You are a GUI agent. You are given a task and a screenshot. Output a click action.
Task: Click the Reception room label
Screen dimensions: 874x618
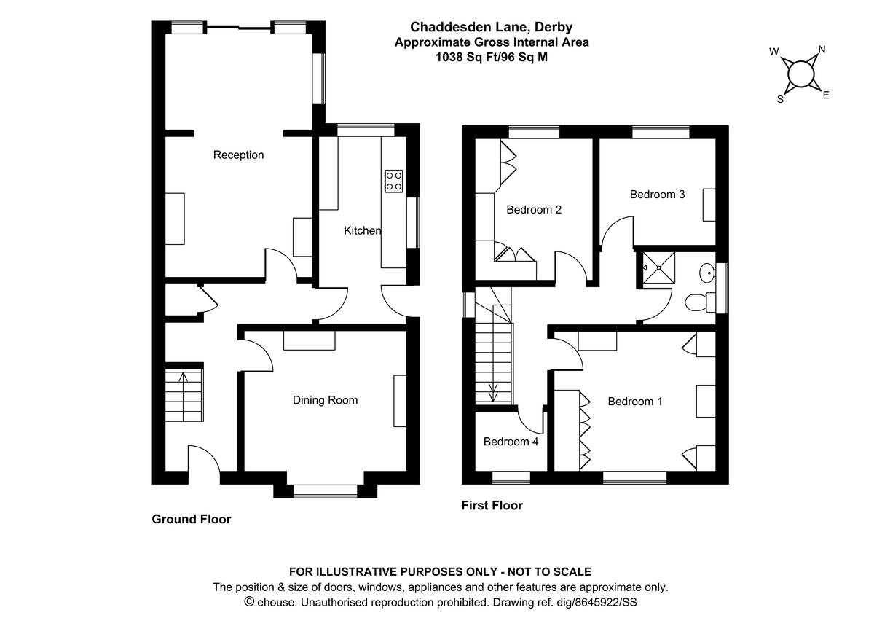[x=238, y=154]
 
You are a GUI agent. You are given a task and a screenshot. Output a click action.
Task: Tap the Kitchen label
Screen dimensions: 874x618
[x=362, y=230]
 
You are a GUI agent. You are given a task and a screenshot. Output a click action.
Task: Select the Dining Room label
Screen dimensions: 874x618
[x=325, y=400]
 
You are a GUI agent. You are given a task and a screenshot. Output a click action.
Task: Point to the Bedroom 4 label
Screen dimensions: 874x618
[x=511, y=442]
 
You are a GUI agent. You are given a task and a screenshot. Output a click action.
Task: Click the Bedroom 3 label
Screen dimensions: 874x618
[x=657, y=195]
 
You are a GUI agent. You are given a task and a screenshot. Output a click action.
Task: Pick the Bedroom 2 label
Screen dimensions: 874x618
[x=534, y=210]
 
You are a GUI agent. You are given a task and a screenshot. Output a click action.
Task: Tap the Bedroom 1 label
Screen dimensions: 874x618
[x=635, y=402]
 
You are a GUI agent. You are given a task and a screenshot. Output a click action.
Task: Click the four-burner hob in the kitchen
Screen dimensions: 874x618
[x=394, y=180]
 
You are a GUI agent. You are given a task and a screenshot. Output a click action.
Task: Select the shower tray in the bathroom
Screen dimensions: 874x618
[x=658, y=267]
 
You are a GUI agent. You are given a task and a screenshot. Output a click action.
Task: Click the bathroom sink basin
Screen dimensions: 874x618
[x=706, y=273]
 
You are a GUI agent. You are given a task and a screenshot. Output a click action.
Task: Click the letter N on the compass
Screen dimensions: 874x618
[x=822, y=50]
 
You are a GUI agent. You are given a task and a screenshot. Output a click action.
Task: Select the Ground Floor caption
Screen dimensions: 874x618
[x=191, y=519]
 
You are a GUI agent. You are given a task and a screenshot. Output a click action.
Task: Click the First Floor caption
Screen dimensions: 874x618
[x=492, y=505]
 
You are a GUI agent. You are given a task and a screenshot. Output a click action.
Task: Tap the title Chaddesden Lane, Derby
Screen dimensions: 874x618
[x=492, y=28]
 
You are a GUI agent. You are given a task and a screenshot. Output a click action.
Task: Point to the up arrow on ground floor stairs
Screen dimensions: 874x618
[x=182, y=378]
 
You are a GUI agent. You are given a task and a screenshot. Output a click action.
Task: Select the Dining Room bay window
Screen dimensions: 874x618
[x=326, y=492]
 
